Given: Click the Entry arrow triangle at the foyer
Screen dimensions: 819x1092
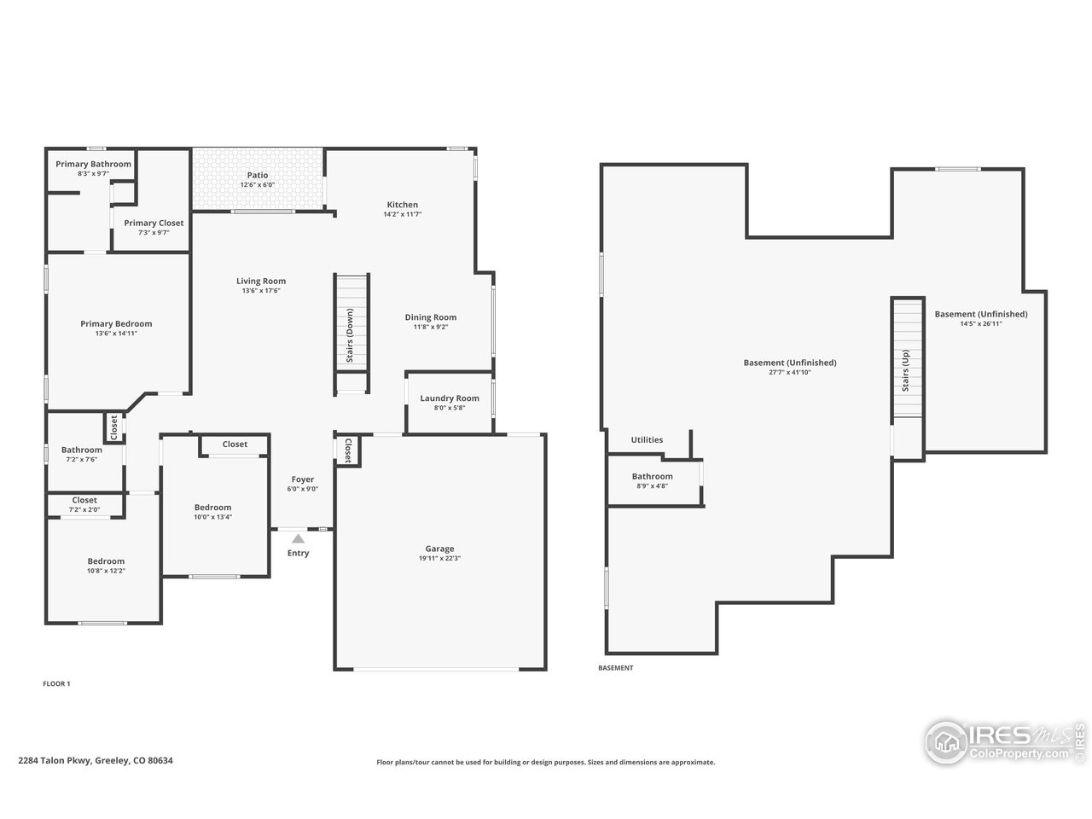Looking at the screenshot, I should pyautogui.click(x=298, y=538).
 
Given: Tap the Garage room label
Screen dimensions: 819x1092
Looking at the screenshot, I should pyautogui.click(x=439, y=549).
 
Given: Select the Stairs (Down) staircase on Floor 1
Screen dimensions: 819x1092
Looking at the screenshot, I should pyautogui.click(x=351, y=322).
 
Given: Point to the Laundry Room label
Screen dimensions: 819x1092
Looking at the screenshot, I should pyautogui.click(x=450, y=398).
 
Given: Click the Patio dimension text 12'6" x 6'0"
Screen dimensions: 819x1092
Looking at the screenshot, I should pyautogui.click(x=258, y=184).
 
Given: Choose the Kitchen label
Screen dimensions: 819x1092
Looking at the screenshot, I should pyautogui.click(x=403, y=205).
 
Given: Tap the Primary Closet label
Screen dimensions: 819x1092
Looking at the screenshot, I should pyautogui.click(x=154, y=223).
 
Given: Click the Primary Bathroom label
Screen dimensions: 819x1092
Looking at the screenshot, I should pyautogui.click(x=94, y=164).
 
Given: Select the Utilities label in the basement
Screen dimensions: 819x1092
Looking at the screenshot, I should pyautogui.click(x=647, y=439).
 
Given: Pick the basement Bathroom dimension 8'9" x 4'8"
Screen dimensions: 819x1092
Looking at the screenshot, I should pyautogui.click(x=652, y=485).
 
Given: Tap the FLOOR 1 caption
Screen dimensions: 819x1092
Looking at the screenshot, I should pyautogui.click(x=56, y=683).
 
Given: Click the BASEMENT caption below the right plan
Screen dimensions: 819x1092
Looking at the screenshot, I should pyautogui.click(x=615, y=668).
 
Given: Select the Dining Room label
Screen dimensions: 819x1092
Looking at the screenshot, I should pyautogui.click(x=431, y=317).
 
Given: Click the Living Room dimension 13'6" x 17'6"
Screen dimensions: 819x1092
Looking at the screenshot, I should pyautogui.click(x=261, y=291).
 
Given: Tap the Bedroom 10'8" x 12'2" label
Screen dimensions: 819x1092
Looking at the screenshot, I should pyautogui.click(x=106, y=561).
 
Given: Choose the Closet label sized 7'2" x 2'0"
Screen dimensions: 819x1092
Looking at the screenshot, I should pyautogui.click(x=84, y=500).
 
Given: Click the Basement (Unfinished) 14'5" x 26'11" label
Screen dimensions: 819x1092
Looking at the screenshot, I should pyautogui.click(x=980, y=314).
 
